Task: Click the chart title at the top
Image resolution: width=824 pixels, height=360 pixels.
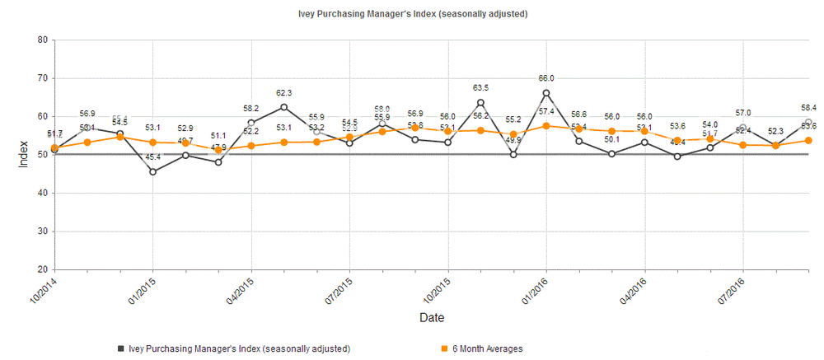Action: pos(412,14)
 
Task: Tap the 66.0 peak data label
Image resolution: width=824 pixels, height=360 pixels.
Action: pos(545,77)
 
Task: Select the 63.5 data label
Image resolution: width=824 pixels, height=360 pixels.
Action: pos(481,87)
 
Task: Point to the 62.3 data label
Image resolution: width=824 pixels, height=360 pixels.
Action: pos(284,93)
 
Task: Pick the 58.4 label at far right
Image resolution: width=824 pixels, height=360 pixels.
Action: pos(808,108)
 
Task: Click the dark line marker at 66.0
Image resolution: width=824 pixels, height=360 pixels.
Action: pos(546,93)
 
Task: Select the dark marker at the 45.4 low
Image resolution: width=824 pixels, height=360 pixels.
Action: pos(152,171)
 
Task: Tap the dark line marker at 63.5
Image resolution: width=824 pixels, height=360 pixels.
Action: pos(480,103)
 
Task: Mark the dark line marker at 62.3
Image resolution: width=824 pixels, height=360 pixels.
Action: pos(284,107)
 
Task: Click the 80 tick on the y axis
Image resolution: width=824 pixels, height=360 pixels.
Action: pos(42,40)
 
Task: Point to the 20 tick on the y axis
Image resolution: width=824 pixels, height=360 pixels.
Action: pos(42,269)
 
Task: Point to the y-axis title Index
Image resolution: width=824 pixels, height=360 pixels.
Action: pos(23,154)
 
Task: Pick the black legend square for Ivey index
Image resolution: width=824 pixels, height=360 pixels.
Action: pos(120,349)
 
